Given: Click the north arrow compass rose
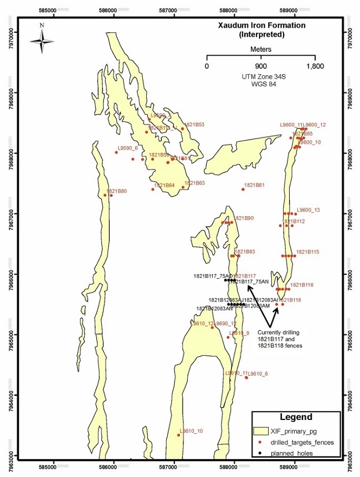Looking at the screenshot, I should [42, 40].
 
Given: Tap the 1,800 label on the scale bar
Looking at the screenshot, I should [315, 66].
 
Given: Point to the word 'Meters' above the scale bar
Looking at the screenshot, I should [261, 49].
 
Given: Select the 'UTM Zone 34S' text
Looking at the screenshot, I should [261, 76].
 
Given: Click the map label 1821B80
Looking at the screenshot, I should [116, 191].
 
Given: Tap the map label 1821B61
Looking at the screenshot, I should [255, 185].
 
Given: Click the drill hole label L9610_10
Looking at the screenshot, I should [192, 430].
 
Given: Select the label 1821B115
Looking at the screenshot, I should [307, 252].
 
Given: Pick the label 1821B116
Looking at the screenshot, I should [302, 284].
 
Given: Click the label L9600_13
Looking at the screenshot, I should [308, 210].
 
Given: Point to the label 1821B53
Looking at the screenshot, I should [194, 125].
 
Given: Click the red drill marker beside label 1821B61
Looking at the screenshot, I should [243, 189].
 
